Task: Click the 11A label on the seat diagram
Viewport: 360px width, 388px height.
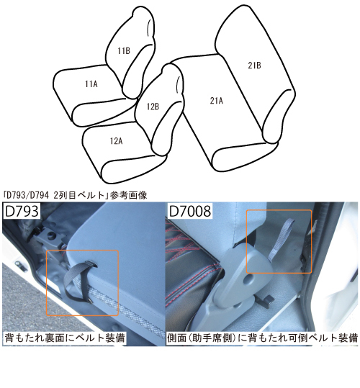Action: (91, 84)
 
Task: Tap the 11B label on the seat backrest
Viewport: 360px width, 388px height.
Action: (124, 50)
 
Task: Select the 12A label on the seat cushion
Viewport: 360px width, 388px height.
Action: (117, 141)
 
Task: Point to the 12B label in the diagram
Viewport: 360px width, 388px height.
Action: (153, 106)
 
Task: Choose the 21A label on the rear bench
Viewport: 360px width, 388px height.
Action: (216, 100)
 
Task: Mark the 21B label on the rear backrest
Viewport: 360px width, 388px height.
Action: (254, 66)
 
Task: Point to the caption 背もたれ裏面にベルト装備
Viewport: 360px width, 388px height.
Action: (66, 337)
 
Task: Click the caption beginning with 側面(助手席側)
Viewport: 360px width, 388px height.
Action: (262, 337)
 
